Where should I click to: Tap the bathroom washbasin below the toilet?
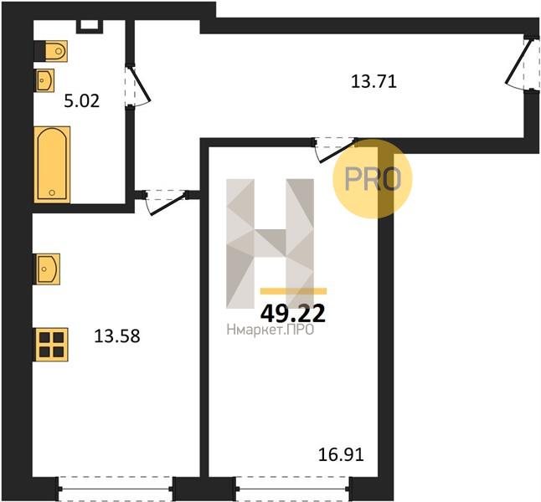(x=44, y=80)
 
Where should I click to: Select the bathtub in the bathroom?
(x=52, y=165)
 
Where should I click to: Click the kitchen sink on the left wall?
(x=47, y=269)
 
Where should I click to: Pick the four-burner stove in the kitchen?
(x=52, y=344)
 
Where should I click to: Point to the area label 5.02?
(x=82, y=101)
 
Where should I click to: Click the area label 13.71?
(x=374, y=82)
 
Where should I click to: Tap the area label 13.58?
(x=117, y=336)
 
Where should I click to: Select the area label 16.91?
(x=341, y=455)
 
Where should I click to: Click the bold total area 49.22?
(x=293, y=314)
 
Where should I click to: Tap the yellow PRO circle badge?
(x=373, y=178)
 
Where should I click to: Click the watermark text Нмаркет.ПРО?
(x=270, y=330)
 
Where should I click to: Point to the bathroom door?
(x=137, y=86)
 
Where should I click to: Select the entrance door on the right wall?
(x=522, y=64)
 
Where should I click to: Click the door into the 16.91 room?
(x=335, y=149)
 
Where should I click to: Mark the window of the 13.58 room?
(x=116, y=489)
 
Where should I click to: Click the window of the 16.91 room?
(x=293, y=489)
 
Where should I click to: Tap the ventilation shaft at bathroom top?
(x=90, y=26)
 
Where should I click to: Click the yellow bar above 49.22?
(x=293, y=291)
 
